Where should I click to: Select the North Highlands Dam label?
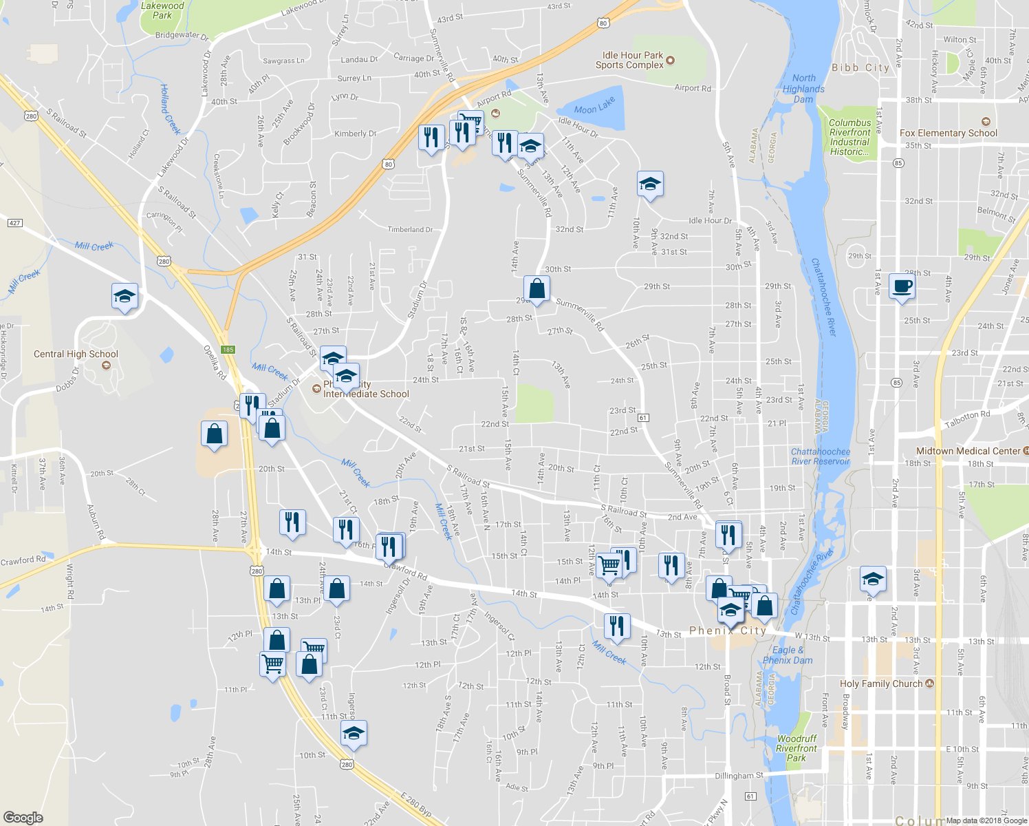[803, 89]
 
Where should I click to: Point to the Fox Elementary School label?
[948, 133]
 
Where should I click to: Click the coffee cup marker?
[902, 286]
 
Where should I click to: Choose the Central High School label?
[76, 354]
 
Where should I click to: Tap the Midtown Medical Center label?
[968, 451]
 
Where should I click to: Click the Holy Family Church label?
[881, 684]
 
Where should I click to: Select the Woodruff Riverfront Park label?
[797, 748]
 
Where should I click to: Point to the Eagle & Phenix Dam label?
[788, 655]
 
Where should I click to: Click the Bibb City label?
[860, 67]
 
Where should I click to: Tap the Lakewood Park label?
[162, 10]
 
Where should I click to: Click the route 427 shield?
[15, 222]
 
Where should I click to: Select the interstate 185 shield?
[228, 350]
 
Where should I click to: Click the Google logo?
[23, 817]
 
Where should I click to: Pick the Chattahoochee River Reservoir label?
[821, 456]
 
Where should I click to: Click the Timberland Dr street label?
[410, 229]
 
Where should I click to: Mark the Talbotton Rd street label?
[967, 419]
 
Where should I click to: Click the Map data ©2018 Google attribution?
[985, 820]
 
